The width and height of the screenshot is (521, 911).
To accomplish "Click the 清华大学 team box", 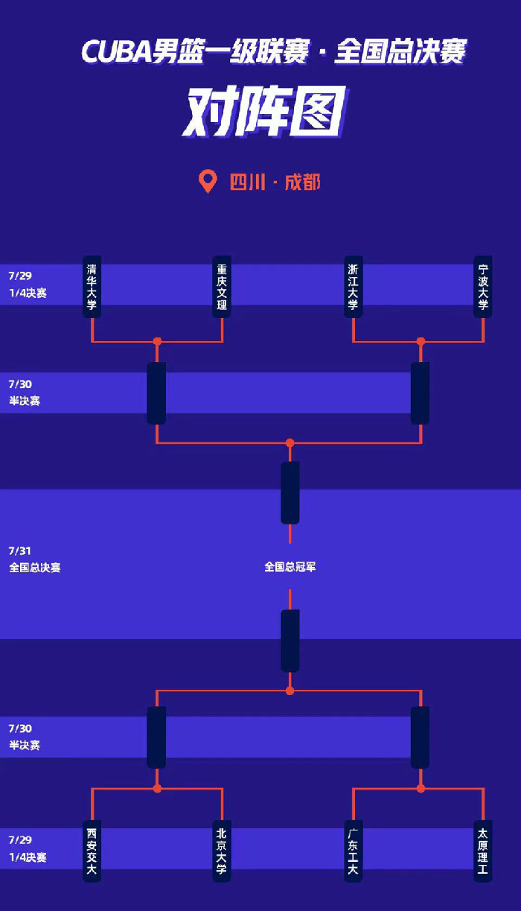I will pos(92,286).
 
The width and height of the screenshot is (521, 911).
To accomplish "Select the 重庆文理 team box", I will pos(222,286).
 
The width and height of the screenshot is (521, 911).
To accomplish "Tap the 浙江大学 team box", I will pos(353,286).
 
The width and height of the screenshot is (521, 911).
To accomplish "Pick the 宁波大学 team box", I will pos(483,286).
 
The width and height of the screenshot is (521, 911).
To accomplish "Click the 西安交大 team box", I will pos(92,851).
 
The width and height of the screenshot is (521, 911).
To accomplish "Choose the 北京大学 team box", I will pos(222,851).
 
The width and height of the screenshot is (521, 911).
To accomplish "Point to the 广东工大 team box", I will pos(353,851).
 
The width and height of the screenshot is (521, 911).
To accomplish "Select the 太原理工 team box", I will pos(483,851).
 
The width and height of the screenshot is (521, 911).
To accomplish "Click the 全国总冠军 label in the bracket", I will pos(290,567).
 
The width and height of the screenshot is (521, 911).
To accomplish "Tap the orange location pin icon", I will pos(208,181).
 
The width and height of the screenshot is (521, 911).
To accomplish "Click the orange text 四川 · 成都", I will pos(275,182).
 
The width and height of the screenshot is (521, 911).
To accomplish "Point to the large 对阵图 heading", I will pos(264,112).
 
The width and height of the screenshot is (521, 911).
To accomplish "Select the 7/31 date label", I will pos(20,550).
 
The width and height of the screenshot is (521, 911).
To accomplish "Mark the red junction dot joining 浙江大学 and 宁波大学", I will pos(421,341).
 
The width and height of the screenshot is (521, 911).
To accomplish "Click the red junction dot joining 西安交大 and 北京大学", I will pos(157,788).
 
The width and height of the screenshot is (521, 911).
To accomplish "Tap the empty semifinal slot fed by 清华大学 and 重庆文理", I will pos(156,393).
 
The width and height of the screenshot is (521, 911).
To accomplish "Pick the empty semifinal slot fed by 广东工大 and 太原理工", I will pos(420,737).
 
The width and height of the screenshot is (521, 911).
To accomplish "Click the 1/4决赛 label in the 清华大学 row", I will pos(28,293).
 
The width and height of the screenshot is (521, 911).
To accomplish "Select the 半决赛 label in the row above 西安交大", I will pos(25,745).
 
